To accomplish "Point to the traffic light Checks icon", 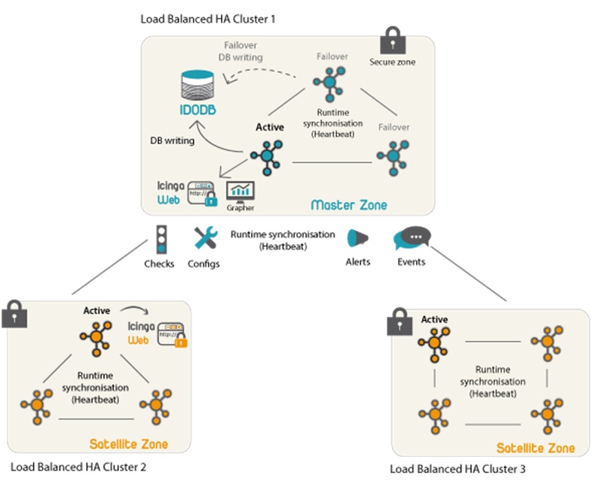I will click(160, 239).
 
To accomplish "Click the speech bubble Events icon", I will click(411, 239).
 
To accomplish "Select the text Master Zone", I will click(348, 204).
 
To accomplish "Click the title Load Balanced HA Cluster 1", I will click(207, 17).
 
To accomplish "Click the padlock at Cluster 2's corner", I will click(13, 312).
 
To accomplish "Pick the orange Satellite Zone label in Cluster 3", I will click(535, 448).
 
